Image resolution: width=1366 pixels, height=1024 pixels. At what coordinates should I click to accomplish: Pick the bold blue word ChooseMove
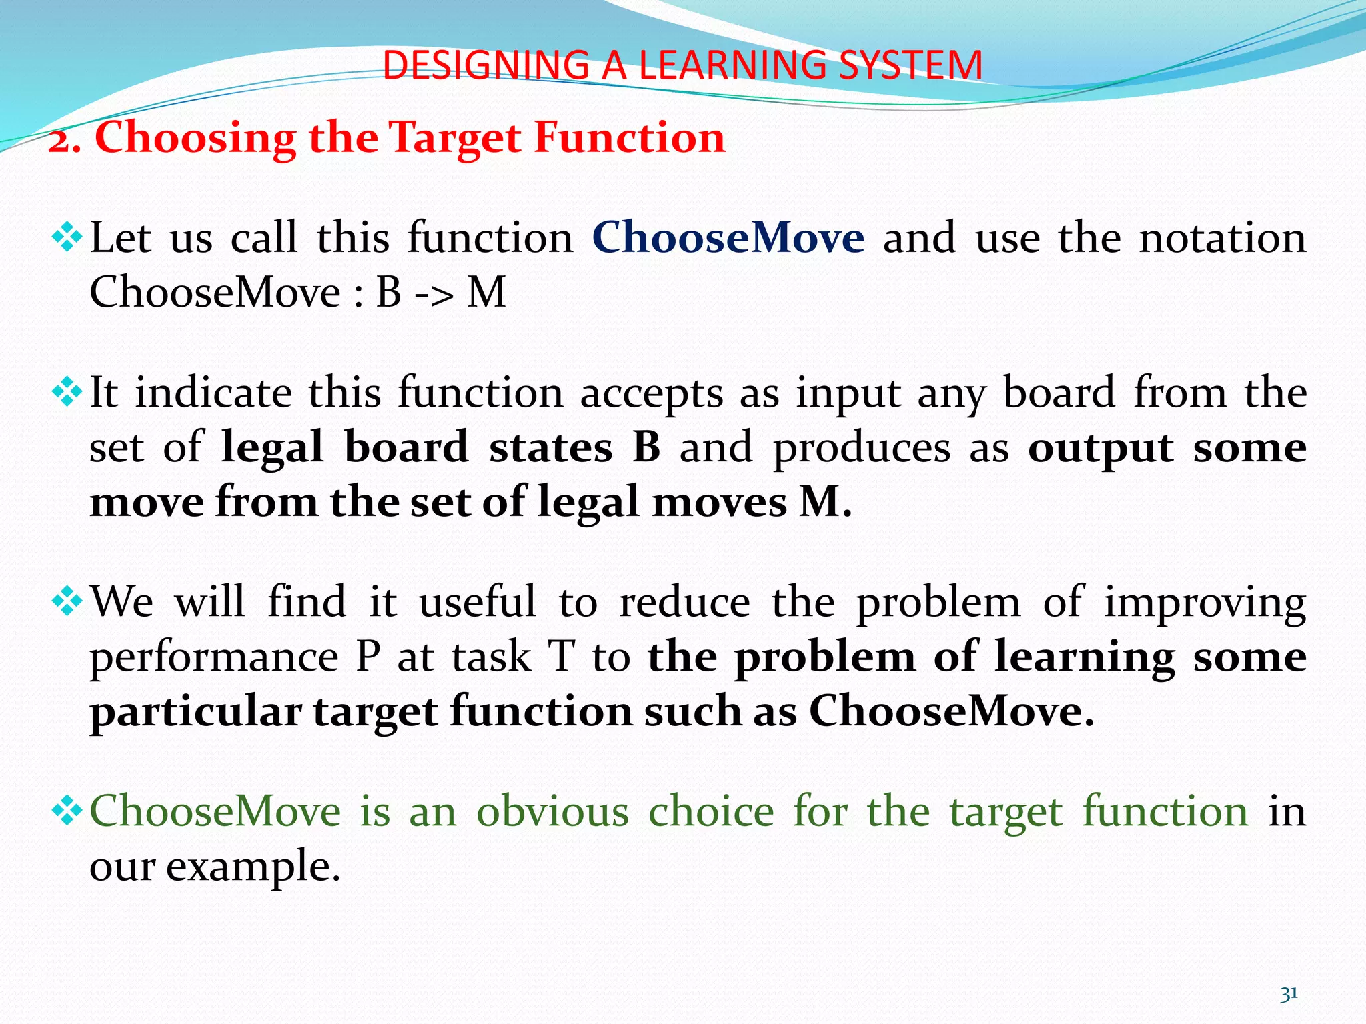(x=728, y=237)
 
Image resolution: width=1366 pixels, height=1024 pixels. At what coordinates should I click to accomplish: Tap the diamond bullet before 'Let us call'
(x=67, y=237)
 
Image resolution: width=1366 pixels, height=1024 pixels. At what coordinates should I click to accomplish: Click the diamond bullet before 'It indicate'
(x=67, y=393)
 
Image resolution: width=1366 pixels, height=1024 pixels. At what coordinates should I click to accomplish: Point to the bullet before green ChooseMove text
(x=67, y=811)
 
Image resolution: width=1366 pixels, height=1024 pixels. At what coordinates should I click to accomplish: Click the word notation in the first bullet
(x=1222, y=237)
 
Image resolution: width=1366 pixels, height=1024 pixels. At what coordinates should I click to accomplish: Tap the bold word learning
(x=1085, y=657)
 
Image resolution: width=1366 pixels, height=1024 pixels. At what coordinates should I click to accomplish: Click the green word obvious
(x=552, y=811)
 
